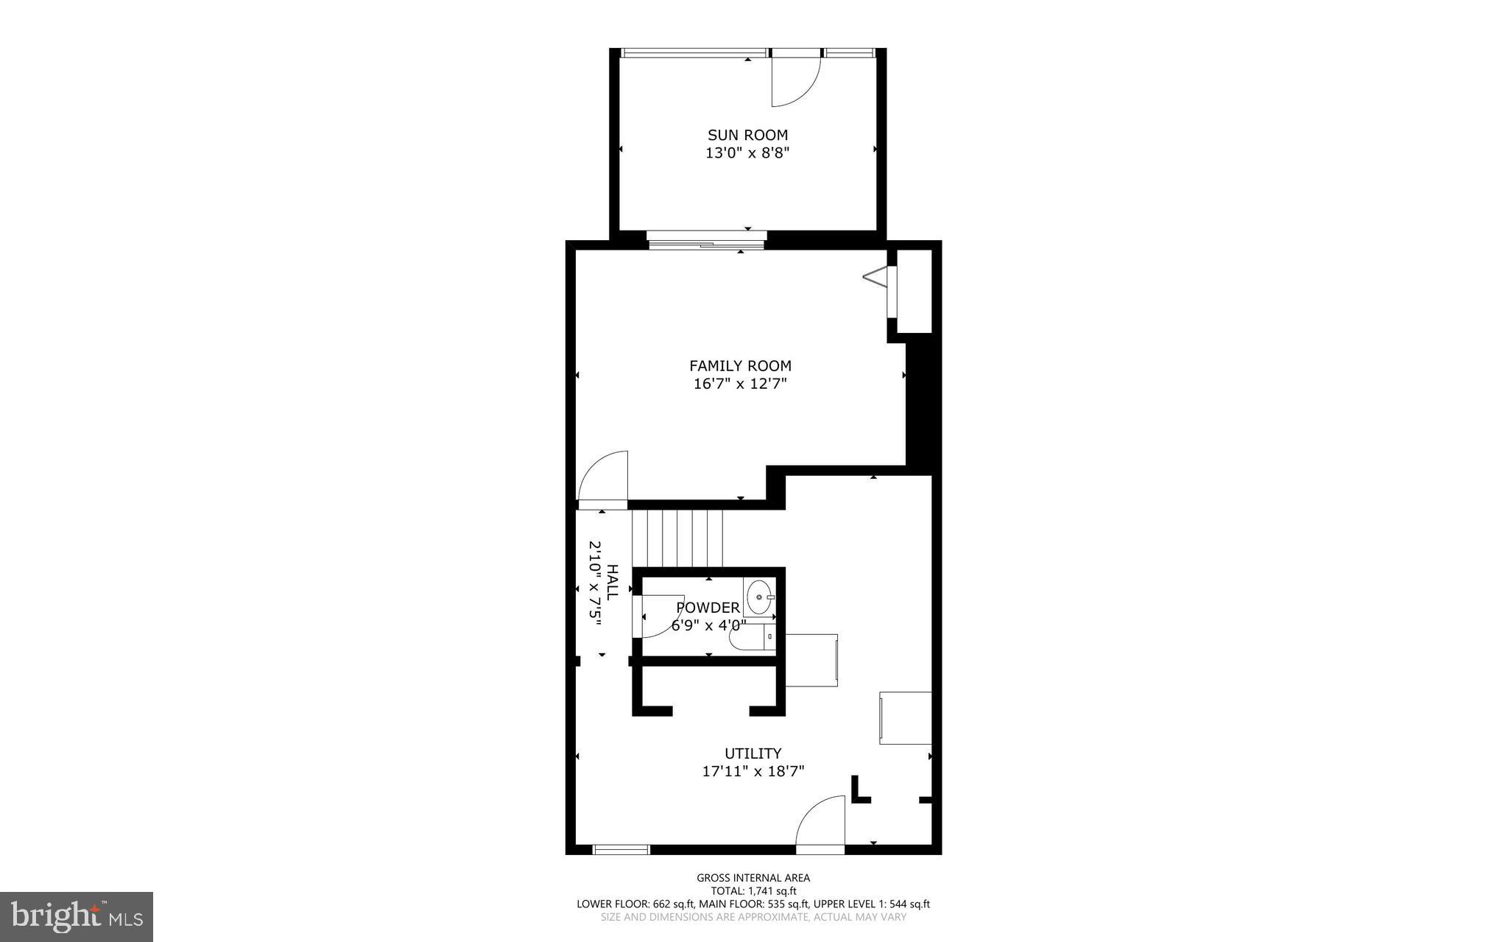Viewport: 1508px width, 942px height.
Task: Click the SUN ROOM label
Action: pos(747,135)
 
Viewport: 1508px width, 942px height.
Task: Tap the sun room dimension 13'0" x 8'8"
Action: pos(747,153)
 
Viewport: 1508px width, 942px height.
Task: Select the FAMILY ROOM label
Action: pos(740,365)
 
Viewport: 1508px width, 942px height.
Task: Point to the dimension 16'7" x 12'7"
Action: pos(740,384)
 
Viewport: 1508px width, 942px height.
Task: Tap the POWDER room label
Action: pos(708,608)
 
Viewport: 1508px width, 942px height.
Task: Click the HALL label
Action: pos(613,583)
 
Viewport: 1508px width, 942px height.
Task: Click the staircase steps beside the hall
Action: pos(677,538)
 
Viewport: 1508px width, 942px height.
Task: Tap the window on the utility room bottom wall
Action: pos(621,850)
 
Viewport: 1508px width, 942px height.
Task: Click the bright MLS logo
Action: pos(77,917)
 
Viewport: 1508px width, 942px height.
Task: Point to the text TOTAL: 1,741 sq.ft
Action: pos(753,890)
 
